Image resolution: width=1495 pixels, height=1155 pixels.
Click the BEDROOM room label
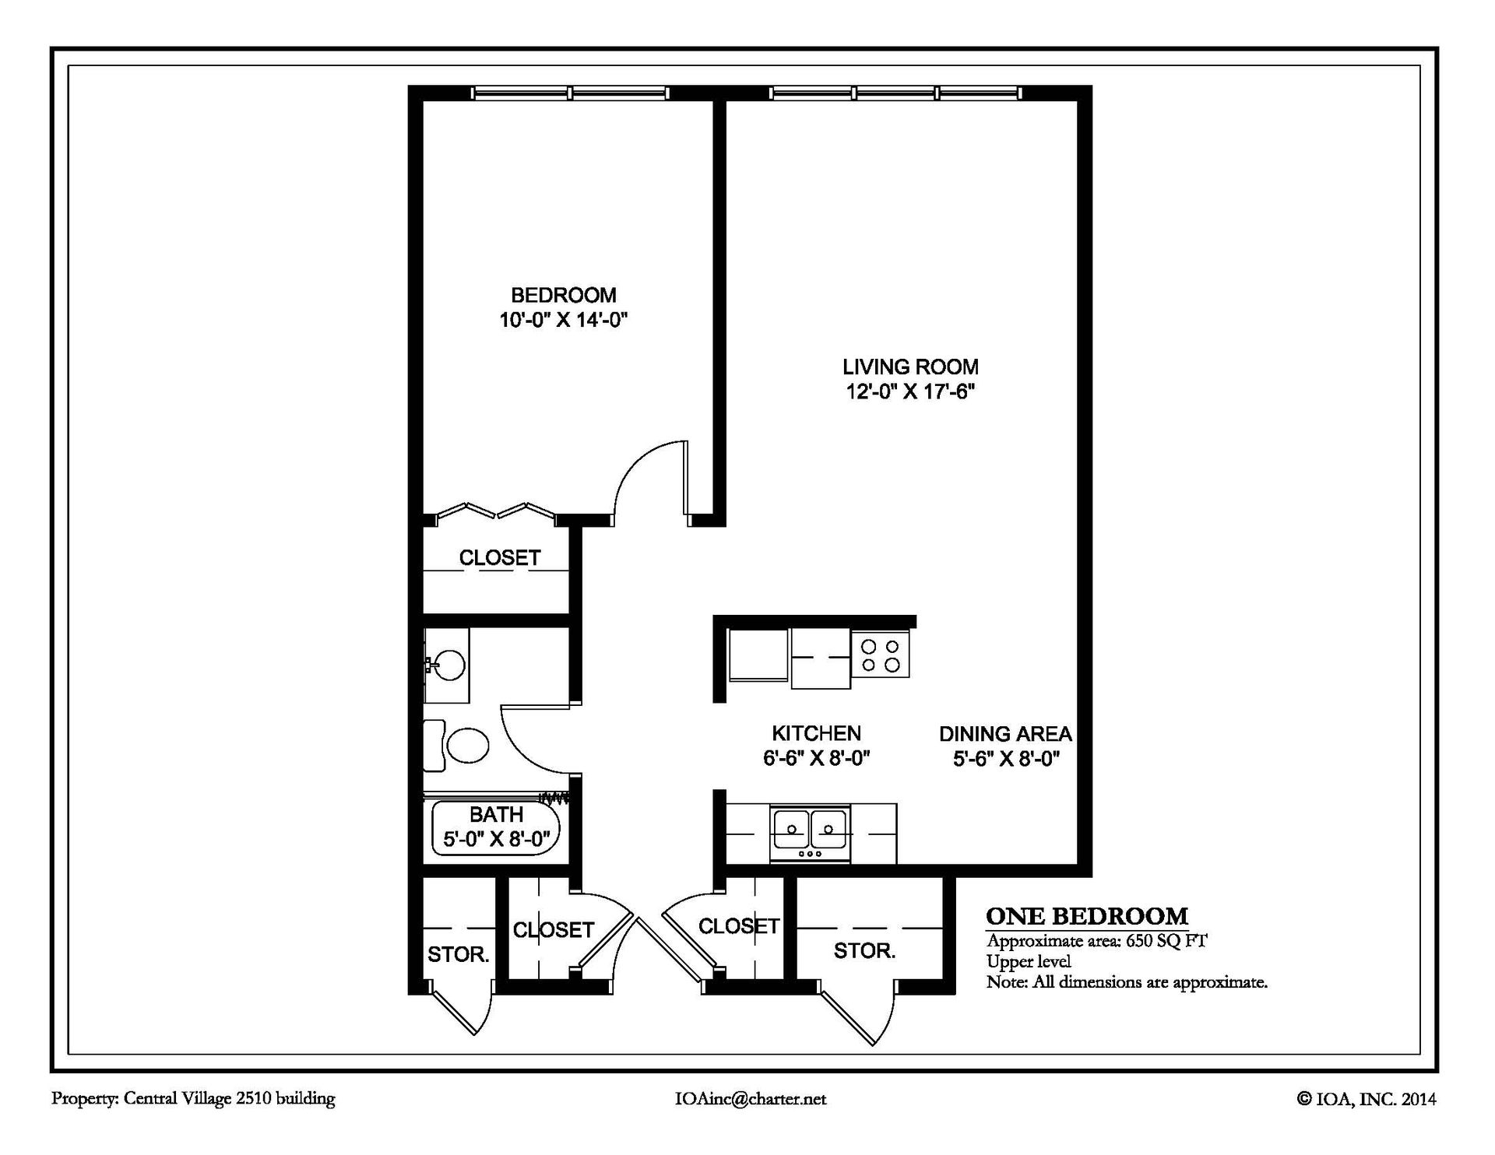tap(563, 295)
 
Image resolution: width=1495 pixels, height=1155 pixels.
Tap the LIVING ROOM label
tap(910, 367)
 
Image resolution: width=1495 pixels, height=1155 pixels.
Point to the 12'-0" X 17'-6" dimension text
tap(910, 391)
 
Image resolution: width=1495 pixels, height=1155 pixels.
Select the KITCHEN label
tap(816, 733)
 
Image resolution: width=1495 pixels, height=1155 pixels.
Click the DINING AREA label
tap(1005, 734)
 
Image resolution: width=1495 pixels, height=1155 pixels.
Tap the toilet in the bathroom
tap(456, 746)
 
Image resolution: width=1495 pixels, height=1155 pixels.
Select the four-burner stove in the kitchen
tap(881, 655)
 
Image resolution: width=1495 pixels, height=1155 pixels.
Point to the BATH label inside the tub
tap(497, 814)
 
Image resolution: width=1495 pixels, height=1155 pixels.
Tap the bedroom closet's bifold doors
tap(495, 511)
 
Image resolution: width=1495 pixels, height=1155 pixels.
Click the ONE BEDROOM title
tap(1087, 916)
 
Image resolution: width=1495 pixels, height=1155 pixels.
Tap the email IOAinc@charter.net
tap(750, 1099)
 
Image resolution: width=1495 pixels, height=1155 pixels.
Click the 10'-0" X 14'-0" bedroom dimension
tap(564, 320)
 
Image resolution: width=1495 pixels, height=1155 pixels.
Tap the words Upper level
tap(1029, 962)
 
